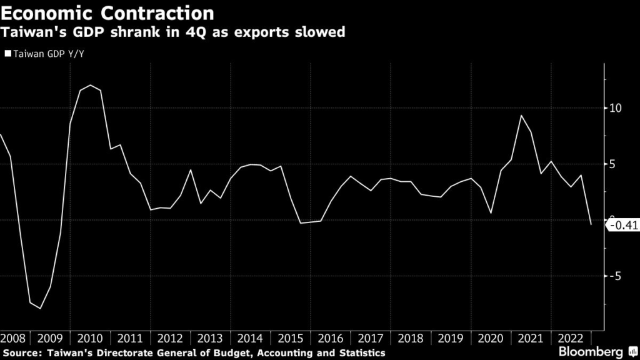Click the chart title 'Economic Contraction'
click(x=107, y=12)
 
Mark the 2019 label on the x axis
click(x=451, y=338)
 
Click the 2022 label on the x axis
click(x=571, y=338)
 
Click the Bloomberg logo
click(x=601, y=351)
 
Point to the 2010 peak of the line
click(x=91, y=85)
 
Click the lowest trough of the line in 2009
click(x=41, y=308)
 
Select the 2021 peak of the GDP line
click(x=521, y=115)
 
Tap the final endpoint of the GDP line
click(x=591, y=224)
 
